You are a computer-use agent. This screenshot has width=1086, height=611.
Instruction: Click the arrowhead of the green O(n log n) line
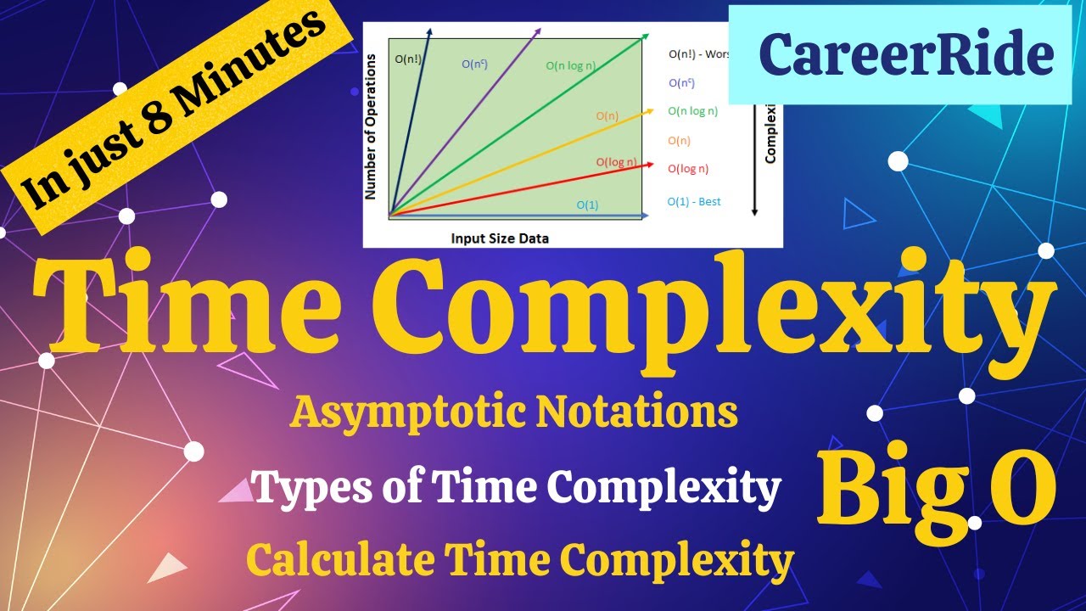pyautogui.click(x=646, y=36)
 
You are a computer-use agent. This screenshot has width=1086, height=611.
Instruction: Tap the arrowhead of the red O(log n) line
pyautogui.click(x=650, y=164)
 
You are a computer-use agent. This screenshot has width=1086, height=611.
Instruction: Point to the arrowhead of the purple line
pyautogui.click(x=539, y=31)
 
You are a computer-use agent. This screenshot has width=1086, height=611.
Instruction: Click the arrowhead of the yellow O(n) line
pyautogui.click(x=650, y=110)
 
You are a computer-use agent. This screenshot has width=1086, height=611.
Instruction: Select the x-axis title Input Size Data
pyautogui.click(x=500, y=238)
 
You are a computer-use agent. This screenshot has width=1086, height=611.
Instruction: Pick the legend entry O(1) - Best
pyautogui.click(x=694, y=202)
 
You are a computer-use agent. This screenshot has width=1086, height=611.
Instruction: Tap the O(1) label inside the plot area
pyautogui.click(x=587, y=205)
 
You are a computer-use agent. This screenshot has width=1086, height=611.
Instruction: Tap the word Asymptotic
pyautogui.click(x=407, y=413)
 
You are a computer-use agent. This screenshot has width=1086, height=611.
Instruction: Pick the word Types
pyautogui.click(x=311, y=487)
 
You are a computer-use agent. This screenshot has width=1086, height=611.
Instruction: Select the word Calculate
pyautogui.click(x=340, y=560)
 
